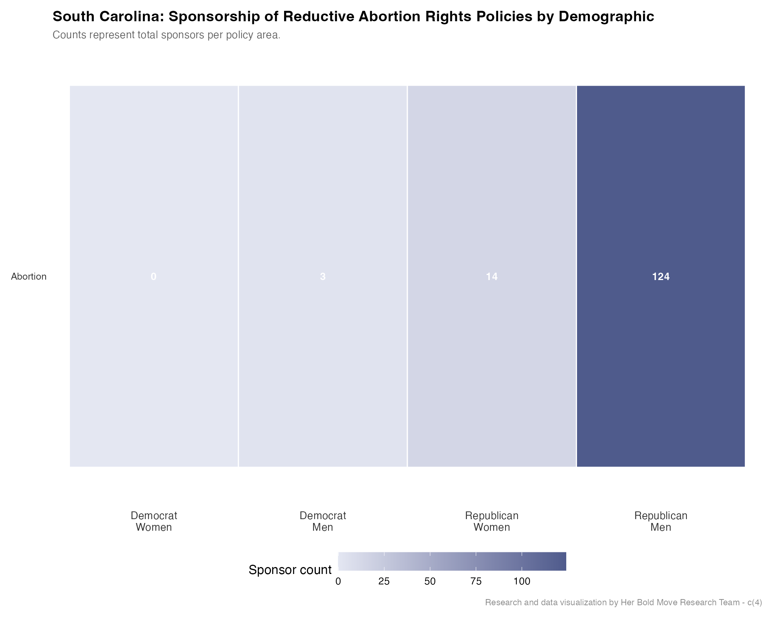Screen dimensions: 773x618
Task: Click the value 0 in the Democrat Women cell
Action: [153, 277]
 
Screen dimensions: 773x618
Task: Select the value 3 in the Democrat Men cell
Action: [323, 277]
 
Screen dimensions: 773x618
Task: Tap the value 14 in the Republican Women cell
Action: [492, 277]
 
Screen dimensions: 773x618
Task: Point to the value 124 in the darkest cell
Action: [661, 277]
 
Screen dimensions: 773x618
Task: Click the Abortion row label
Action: [29, 277]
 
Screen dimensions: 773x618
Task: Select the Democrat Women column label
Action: [154, 521]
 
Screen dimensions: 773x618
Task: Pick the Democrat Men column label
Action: [323, 521]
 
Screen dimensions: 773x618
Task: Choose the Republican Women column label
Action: [492, 521]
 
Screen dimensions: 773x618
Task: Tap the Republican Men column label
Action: [661, 521]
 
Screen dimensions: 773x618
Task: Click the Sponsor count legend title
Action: [290, 570]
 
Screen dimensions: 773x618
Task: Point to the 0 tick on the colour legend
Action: [338, 581]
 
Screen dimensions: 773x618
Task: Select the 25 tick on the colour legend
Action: [384, 581]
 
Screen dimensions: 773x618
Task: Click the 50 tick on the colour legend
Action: [430, 581]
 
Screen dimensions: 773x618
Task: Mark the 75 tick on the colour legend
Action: [476, 581]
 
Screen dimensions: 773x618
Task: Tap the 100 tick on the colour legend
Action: [522, 581]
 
